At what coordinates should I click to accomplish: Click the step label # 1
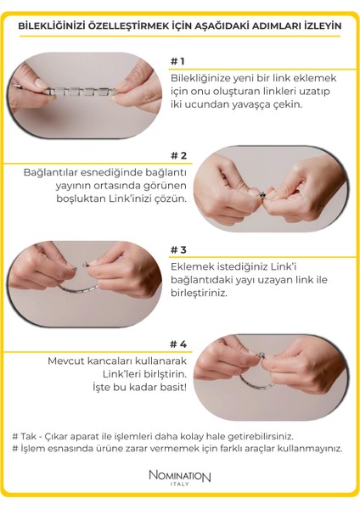pyautogui.click(x=177, y=61)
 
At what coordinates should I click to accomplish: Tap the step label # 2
pyautogui.click(x=178, y=155)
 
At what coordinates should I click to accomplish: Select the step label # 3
pyautogui.click(x=178, y=249)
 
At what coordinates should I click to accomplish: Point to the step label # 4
pyautogui.click(x=178, y=344)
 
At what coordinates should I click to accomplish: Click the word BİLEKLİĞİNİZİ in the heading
pyautogui.click(x=52, y=26)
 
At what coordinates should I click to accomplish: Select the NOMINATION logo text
pyautogui.click(x=180, y=476)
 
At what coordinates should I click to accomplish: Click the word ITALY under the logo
pyautogui.click(x=180, y=484)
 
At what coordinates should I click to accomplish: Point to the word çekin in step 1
pyautogui.click(x=288, y=105)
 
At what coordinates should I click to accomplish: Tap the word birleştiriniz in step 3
pyautogui.click(x=198, y=294)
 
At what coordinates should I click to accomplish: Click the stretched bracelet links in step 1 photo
pyautogui.click(x=82, y=92)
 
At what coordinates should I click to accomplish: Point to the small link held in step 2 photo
pyautogui.click(x=262, y=194)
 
